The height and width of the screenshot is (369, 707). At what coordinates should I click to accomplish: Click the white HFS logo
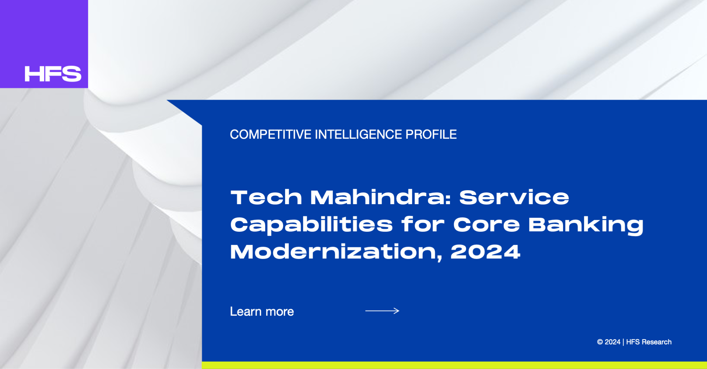(x=53, y=74)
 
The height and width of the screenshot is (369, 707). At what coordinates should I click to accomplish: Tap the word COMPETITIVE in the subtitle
(x=271, y=135)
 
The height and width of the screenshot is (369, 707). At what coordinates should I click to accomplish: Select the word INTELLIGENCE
(x=358, y=135)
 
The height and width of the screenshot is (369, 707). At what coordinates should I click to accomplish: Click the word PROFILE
(x=431, y=135)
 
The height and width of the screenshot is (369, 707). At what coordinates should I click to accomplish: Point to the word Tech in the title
(x=266, y=198)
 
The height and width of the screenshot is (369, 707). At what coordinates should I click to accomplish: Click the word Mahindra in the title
(x=381, y=198)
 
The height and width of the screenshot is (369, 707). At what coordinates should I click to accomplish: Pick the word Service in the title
(x=514, y=198)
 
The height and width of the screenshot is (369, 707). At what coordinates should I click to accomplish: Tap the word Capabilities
(x=312, y=225)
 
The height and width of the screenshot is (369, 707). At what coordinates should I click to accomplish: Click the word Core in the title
(x=486, y=225)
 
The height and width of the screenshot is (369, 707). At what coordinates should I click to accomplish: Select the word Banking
(x=586, y=225)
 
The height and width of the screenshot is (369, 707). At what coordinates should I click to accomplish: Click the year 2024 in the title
(x=485, y=252)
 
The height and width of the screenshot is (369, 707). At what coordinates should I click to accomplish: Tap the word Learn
(x=246, y=312)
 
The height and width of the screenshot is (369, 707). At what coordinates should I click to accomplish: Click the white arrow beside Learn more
(x=382, y=311)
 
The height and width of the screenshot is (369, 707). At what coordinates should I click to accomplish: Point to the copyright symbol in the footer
(x=600, y=342)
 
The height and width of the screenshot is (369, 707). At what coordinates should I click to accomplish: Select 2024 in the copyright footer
(x=612, y=342)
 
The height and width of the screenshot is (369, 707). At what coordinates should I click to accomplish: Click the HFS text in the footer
(x=633, y=342)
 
